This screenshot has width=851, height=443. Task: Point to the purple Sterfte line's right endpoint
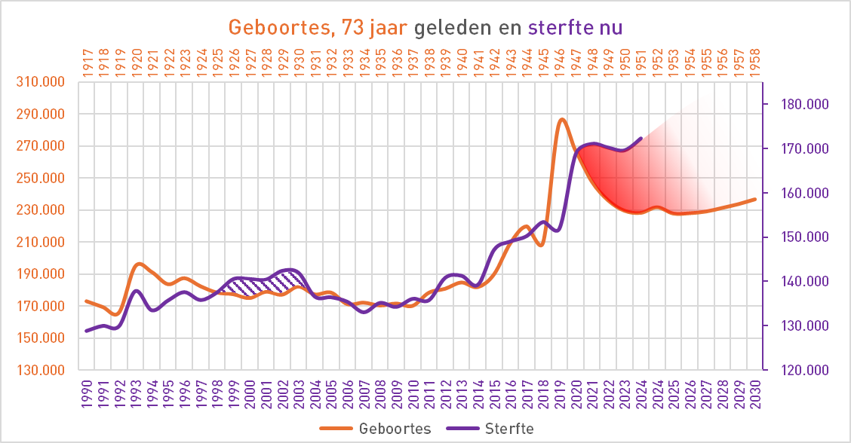click(641, 139)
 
